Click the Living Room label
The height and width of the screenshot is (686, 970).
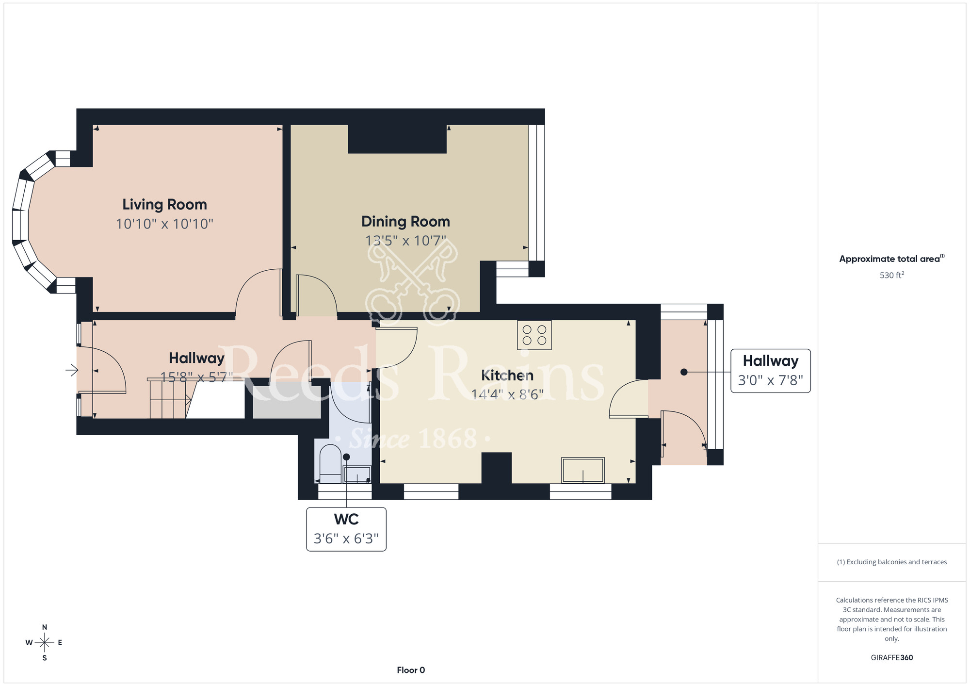coord(164,205)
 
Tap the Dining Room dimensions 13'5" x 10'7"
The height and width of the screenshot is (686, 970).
coord(405,241)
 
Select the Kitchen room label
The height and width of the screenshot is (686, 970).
coord(507,376)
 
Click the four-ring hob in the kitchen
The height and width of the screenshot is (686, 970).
coord(534,335)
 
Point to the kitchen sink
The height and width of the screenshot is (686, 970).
coord(583,470)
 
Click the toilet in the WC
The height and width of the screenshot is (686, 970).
coord(331,464)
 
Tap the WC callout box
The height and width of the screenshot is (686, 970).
coord(346,529)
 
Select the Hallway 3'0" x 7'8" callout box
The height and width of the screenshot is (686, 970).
coord(771,371)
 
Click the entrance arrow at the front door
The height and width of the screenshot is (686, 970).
coord(72,370)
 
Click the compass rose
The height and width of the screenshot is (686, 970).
coord(45,643)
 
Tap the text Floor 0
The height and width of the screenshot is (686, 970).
coord(411,670)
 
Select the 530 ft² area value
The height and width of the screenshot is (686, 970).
coord(892,275)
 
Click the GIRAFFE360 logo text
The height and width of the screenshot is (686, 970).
coord(892,658)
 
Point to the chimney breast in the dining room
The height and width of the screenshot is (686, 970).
coord(397,139)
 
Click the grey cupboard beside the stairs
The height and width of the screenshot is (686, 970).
coord(287,402)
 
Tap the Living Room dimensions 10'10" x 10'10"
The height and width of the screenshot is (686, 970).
coord(164,224)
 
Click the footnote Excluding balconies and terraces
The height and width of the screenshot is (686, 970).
coord(892,562)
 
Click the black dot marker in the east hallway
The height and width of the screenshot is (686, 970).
coord(684,372)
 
